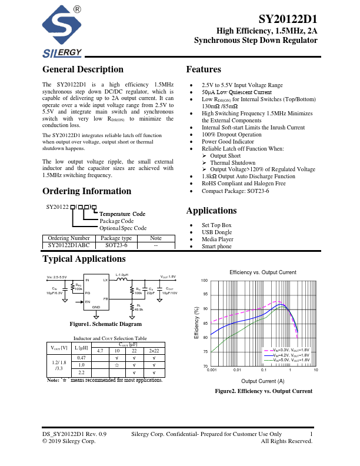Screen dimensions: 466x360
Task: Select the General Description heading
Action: coord(83,69)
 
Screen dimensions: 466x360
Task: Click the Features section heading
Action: coord(204,69)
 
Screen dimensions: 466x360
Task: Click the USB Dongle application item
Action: coord(218,232)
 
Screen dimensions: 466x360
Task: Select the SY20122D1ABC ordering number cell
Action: coord(69,244)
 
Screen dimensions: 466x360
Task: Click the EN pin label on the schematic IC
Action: coord(88,301)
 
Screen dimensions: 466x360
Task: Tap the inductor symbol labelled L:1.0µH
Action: coord(122,281)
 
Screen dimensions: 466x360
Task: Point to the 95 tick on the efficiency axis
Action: coord(205,294)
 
